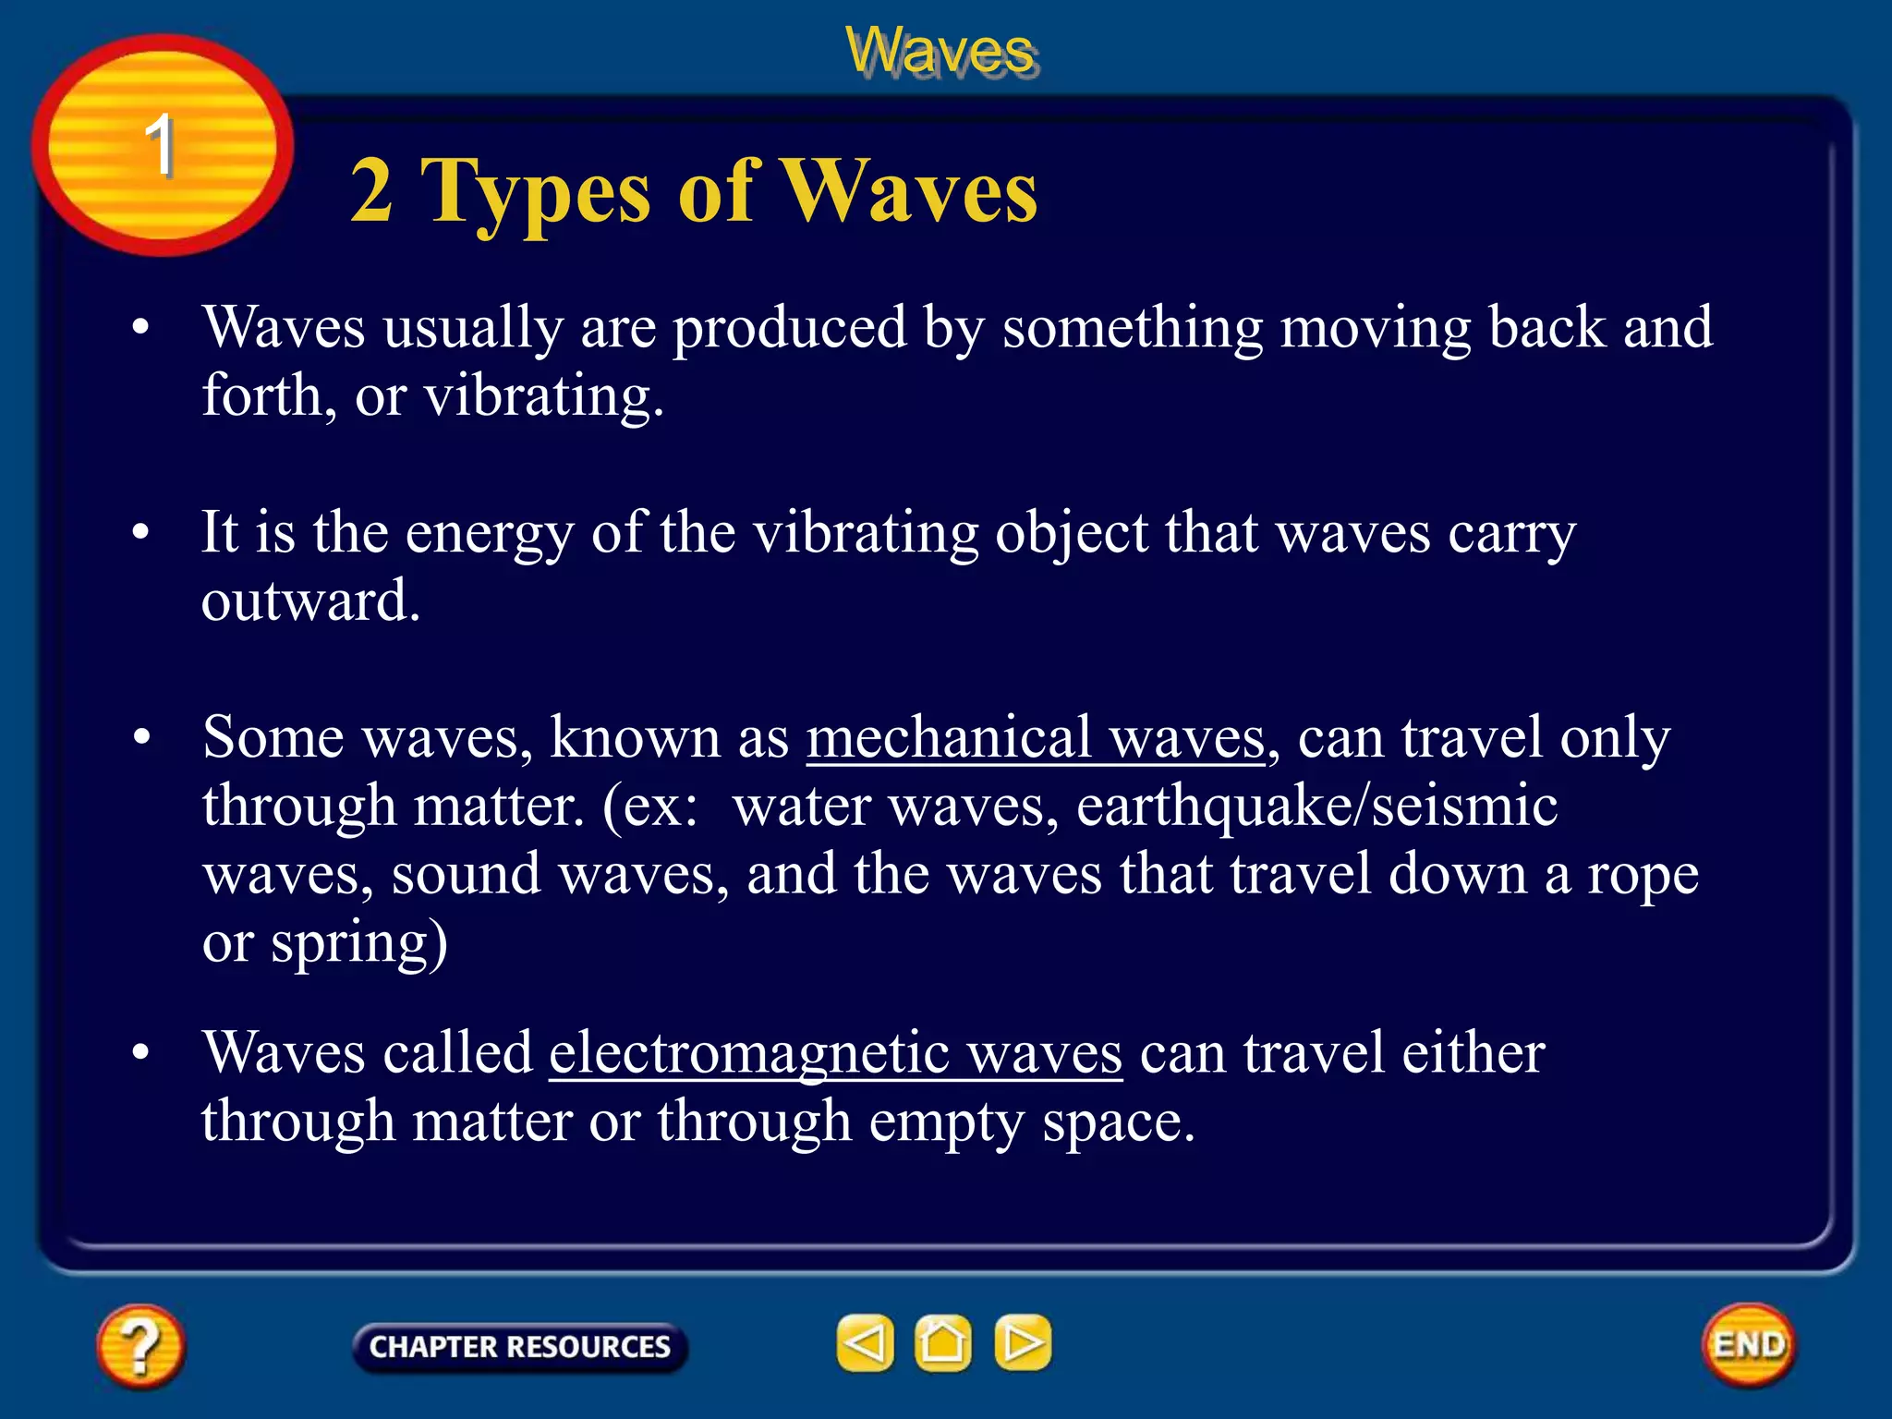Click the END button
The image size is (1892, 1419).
click(1748, 1344)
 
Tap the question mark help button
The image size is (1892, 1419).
click(139, 1346)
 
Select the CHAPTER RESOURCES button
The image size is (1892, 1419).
click(519, 1347)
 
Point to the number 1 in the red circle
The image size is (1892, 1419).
click(160, 146)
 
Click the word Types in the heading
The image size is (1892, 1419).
click(536, 192)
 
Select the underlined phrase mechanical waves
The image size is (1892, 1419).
click(1036, 739)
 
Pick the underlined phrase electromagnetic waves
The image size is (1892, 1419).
click(835, 1053)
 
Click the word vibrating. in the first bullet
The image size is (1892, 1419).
click(544, 397)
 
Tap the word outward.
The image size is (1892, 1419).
click(310, 601)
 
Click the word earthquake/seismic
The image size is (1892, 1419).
click(1316, 806)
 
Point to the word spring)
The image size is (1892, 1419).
click(358, 943)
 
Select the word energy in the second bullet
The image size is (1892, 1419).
click(489, 534)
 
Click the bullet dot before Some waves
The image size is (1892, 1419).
click(141, 738)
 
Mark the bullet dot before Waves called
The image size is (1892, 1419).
click(141, 1052)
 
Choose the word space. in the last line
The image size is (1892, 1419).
click(1118, 1122)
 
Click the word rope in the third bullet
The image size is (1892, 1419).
click(1642, 875)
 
